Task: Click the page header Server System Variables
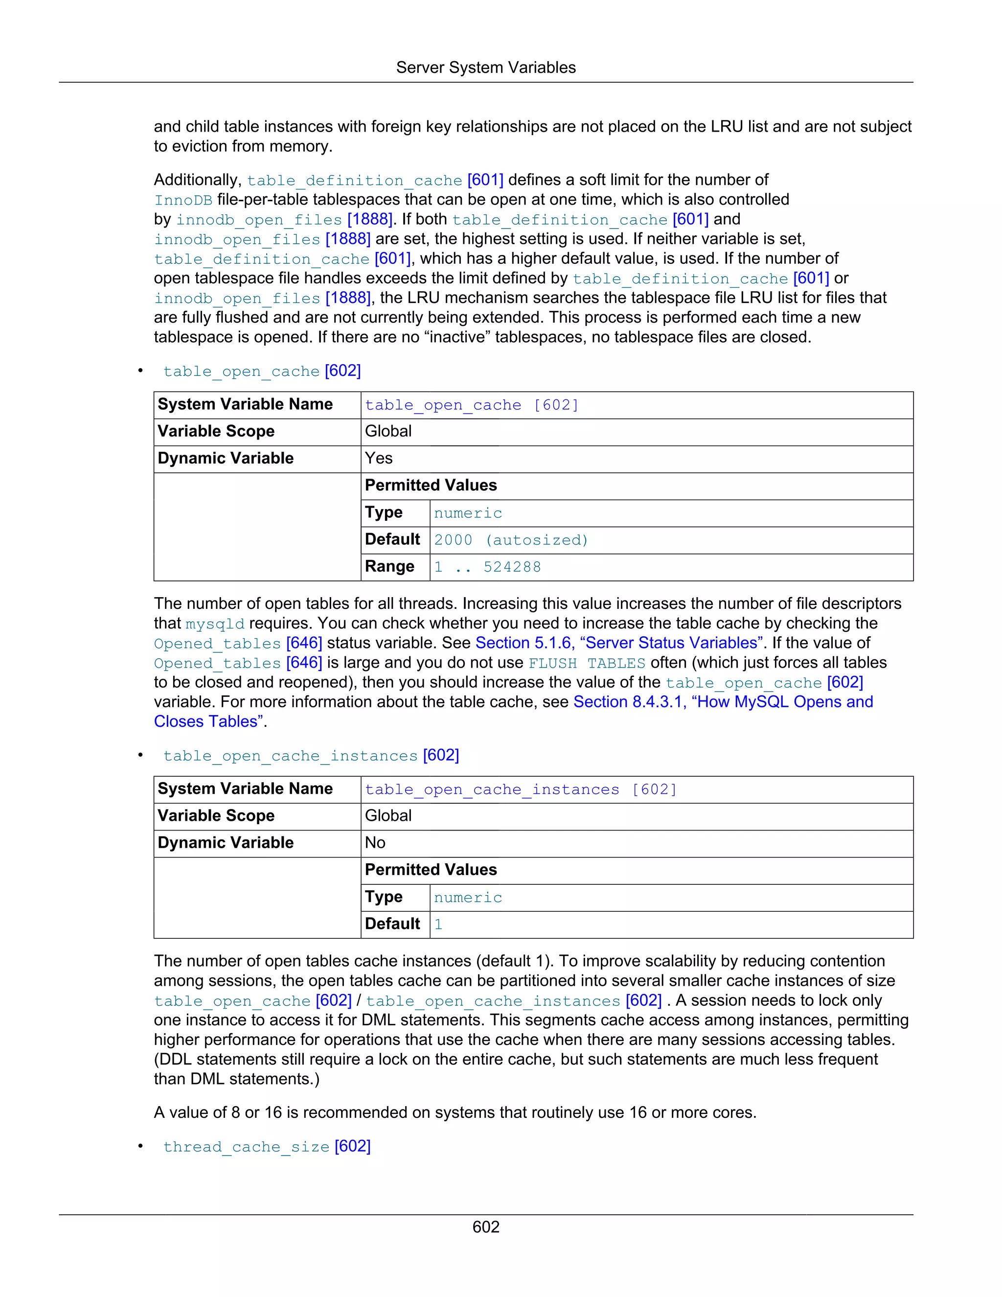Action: (x=485, y=68)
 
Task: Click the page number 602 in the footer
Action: (x=485, y=1227)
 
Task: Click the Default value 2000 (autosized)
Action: (x=510, y=540)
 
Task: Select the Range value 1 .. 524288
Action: (x=487, y=567)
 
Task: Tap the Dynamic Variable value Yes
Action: (x=379, y=459)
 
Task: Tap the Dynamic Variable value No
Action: (x=375, y=843)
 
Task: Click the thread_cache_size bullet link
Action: (x=267, y=1146)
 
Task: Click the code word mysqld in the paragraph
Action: (x=215, y=624)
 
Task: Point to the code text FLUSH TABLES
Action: (x=587, y=663)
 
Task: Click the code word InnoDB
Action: (x=183, y=200)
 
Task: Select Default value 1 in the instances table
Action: (x=438, y=925)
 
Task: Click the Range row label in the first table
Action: (x=389, y=567)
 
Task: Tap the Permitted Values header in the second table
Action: (x=431, y=870)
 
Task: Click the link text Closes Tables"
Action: (x=209, y=721)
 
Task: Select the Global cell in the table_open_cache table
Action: (x=388, y=431)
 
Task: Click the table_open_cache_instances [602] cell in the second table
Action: (x=521, y=790)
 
